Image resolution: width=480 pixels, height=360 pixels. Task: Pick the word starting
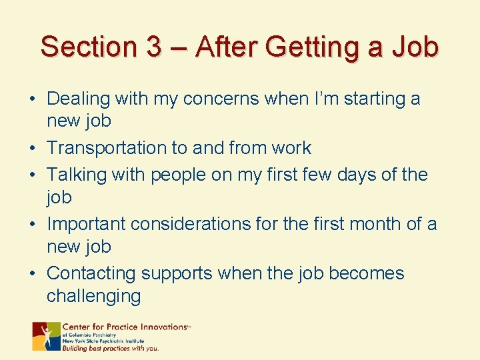coord(364,99)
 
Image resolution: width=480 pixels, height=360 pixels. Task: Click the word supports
coord(179,273)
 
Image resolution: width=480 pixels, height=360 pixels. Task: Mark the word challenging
coord(93,296)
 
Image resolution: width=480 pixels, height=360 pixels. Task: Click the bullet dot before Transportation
coord(33,148)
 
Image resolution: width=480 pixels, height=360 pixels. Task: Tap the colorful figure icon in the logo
coord(46,336)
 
